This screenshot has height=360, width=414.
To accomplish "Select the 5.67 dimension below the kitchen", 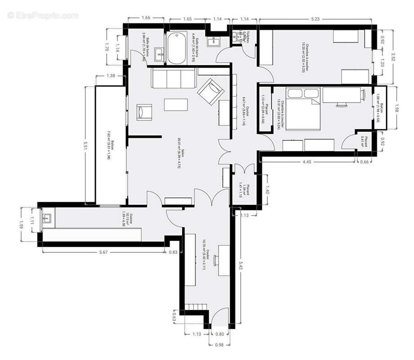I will pos(103,252).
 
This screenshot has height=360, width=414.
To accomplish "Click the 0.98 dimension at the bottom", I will pos(219,345).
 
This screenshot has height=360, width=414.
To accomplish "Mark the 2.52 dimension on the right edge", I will pos(393,57).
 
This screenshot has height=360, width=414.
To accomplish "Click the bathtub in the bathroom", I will pos(176,48).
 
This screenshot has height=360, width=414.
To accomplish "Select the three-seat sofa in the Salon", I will pos(173,79).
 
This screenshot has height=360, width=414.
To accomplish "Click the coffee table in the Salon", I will pos(175,104).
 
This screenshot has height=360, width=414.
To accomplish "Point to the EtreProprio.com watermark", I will pos(43,15).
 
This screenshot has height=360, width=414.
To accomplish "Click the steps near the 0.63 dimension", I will pos(196,307).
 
